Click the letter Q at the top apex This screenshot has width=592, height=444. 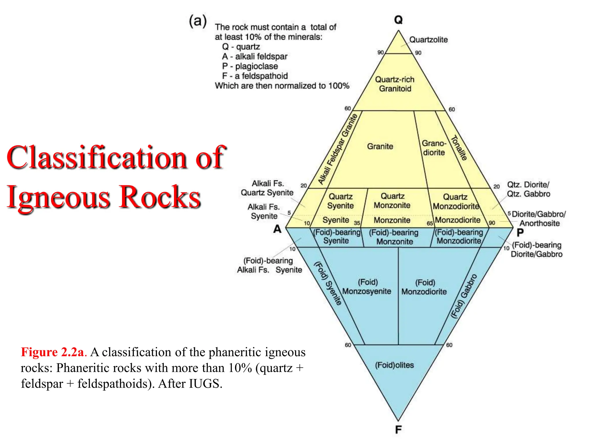click(x=398, y=20)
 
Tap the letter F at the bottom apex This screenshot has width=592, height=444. click(x=398, y=430)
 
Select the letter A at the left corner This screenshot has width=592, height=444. click(x=277, y=229)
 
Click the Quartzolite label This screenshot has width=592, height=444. click(x=428, y=40)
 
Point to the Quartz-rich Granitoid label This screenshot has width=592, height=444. click(x=395, y=84)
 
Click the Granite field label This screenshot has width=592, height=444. click(x=380, y=146)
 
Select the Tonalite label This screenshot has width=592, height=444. click(x=459, y=148)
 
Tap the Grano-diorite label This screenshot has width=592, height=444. click(x=434, y=148)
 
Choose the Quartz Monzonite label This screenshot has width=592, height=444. click(x=392, y=201)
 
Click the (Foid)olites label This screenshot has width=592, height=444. click(x=394, y=365)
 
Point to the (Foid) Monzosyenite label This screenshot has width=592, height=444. click(x=367, y=287)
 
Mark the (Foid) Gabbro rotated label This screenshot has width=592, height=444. click(x=464, y=296)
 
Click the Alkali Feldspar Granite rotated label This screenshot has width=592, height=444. click(x=338, y=149)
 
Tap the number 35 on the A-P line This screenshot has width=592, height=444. click(x=357, y=223)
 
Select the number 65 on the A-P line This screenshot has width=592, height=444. click(x=430, y=223)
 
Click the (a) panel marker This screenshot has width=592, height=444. click(x=198, y=21)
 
